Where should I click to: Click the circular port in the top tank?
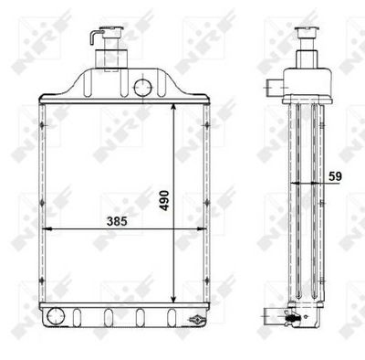142,87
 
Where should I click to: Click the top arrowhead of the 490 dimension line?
175,106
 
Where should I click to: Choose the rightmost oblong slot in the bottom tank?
169,317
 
